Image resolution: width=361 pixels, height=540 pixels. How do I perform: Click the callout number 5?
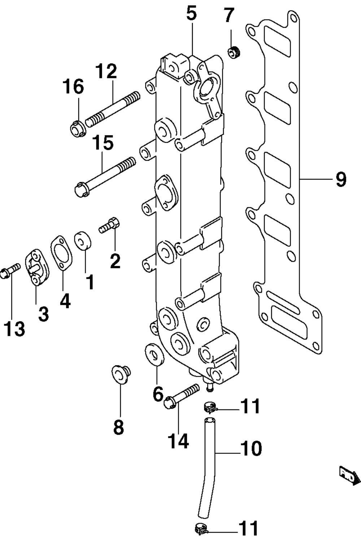[x=191, y=14]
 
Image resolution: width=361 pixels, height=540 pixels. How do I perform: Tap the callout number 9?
[x=341, y=180]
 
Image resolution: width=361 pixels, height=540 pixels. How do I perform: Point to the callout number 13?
[x=14, y=329]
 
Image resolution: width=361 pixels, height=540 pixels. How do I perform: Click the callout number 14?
[x=179, y=442]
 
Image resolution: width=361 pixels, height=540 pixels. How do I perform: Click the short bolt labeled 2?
[x=109, y=225]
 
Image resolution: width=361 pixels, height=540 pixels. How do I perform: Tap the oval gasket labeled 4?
[x=62, y=252]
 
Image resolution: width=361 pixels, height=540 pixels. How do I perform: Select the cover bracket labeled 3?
[x=36, y=267]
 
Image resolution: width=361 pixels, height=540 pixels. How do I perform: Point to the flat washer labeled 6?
[x=155, y=354]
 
